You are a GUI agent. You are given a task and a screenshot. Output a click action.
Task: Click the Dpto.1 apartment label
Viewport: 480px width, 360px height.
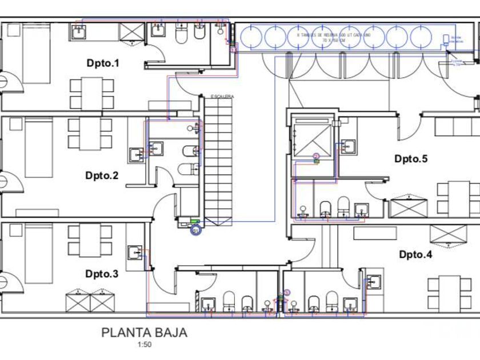point(103,63)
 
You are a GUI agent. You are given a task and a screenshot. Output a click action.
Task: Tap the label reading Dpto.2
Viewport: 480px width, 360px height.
point(102,175)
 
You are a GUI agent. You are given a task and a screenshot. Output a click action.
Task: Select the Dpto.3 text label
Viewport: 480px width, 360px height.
point(102,274)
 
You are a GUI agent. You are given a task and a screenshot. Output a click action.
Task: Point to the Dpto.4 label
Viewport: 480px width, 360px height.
point(415,254)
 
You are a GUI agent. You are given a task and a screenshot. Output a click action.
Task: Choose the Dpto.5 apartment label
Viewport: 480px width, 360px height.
point(411,159)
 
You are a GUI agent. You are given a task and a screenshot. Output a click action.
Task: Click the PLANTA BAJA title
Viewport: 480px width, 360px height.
point(144,333)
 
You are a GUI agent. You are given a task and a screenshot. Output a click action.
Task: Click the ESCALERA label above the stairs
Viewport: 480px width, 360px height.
point(222,96)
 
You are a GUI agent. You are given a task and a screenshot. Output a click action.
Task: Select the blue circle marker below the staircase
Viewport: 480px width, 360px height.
point(195,230)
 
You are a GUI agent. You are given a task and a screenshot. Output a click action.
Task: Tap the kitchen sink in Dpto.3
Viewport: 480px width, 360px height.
point(135,251)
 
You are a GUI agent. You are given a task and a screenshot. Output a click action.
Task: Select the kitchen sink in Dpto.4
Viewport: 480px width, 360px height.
point(374,281)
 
